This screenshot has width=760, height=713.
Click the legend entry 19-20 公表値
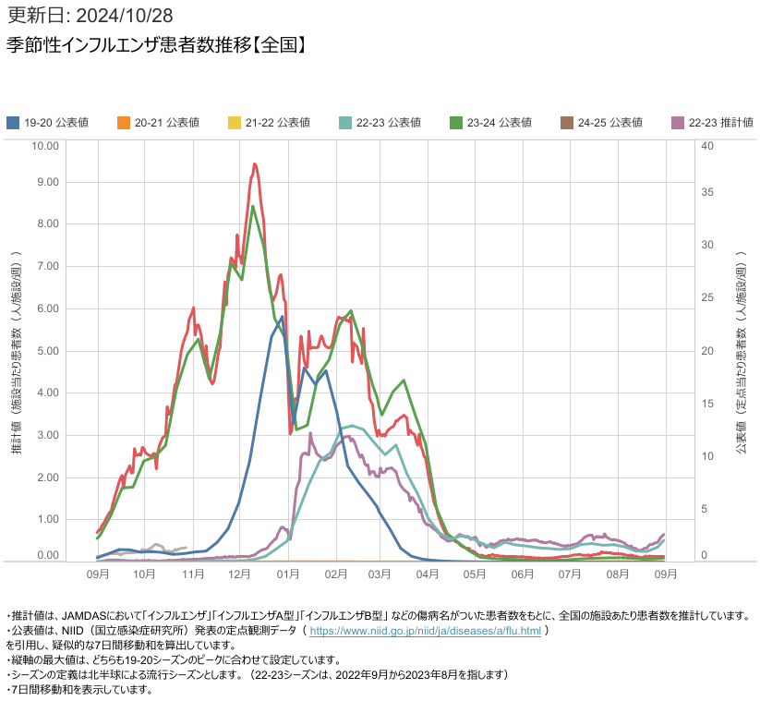[x=48, y=123]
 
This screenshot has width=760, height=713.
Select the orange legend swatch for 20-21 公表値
[x=124, y=123]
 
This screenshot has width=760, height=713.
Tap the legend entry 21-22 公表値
[x=270, y=123]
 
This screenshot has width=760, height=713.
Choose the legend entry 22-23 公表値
[x=380, y=123]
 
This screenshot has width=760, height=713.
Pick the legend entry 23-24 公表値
[x=491, y=123]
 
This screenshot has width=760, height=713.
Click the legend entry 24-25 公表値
[x=601, y=123]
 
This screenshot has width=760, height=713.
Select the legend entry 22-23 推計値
[x=713, y=123]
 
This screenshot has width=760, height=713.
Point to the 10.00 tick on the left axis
[x=45, y=146]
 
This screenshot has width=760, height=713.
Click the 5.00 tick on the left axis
[x=48, y=350]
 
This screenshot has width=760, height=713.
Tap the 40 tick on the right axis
[x=707, y=146]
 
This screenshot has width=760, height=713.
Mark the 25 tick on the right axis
[x=707, y=297]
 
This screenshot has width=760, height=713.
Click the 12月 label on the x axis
[x=239, y=574]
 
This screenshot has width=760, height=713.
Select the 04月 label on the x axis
[x=427, y=574]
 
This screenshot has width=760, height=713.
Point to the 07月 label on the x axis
[x=570, y=574]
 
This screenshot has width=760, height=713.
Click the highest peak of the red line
[x=255, y=164]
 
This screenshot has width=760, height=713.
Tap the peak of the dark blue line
[x=282, y=317]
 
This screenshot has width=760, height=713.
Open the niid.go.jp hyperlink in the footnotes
[x=425, y=631]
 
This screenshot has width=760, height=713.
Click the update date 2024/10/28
[x=124, y=16]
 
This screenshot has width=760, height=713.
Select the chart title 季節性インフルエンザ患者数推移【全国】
[x=156, y=45]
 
